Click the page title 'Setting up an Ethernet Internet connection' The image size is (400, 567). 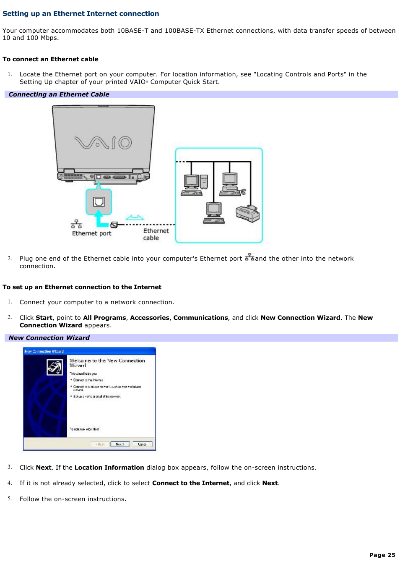[x=81, y=13]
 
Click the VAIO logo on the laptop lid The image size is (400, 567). [x=103, y=143]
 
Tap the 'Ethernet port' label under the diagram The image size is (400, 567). [x=91, y=233]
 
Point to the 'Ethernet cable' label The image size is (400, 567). [x=156, y=234]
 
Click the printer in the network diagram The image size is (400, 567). [x=247, y=213]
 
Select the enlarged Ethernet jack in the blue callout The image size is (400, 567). [x=99, y=202]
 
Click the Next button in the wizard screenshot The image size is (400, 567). [x=119, y=444]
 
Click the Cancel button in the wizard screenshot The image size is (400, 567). [x=142, y=444]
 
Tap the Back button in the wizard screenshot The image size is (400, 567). [x=100, y=444]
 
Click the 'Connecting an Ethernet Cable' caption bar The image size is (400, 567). [x=59, y=94]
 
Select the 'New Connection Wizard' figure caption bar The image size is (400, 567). [x=49, y=338]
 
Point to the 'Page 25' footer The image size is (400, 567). [x=382, y=555]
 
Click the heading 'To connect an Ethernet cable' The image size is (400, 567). [x=50, y=59]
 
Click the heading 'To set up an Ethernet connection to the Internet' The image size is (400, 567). [x=82, y=287]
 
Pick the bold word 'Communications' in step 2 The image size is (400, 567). [x=200, y=318]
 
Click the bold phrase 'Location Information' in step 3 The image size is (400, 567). [x=109, y=468]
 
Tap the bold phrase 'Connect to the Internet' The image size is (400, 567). [x=190, y=483]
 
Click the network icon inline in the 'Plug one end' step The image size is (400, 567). [x=249, y=257]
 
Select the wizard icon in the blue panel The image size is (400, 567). [x=55, y=368]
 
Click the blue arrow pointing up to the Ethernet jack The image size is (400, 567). [x=99, y=219]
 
